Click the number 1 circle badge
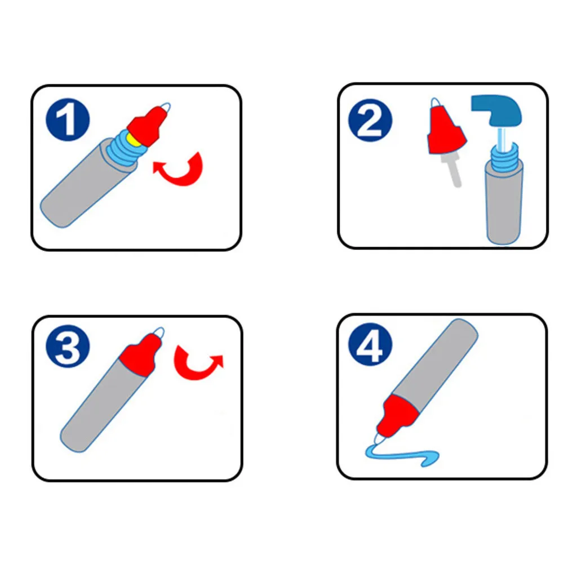[x=68, y=119]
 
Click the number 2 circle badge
[x=370, y=121]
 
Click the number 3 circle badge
[x=68, y=347]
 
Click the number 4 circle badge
[x=370, y=345]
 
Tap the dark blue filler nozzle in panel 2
[x=497, y=109]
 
